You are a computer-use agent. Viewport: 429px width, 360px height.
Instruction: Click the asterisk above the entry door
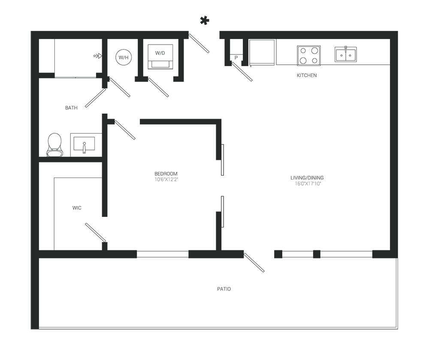(x=204, y=21)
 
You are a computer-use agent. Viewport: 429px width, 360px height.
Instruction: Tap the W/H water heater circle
(x=124, y=57)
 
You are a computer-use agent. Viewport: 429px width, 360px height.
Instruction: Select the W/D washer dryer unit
(x=160, y=57)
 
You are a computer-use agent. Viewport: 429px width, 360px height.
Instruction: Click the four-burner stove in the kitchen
(x=308, y=55)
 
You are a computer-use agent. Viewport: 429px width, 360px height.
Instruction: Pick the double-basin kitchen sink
(x=345, y=54)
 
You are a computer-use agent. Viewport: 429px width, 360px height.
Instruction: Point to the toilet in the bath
(x=55, y=145)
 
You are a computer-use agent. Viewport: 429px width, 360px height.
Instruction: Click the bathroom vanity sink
(x=84, y=144)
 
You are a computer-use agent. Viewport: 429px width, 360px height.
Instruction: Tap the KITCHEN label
(x=307, y=75)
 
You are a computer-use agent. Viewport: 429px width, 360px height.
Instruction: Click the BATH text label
(x=71, y=108)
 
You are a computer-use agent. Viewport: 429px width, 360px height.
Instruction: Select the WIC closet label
(x=77, y=208)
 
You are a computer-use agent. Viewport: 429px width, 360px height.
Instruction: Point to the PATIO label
(x=224, y=289)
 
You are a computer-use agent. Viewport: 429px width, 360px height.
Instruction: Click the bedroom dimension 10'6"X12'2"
(x=166, y=180)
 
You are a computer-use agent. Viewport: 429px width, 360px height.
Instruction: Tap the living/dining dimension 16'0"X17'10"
(x=308, y=184)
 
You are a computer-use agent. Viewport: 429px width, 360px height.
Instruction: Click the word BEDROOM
(x=166, y=174)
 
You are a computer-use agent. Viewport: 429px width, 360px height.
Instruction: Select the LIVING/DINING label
(x=307, y=178)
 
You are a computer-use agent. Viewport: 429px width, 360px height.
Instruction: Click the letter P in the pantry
(x=236, y=58)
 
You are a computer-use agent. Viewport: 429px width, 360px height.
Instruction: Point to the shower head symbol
(x=98, y=56)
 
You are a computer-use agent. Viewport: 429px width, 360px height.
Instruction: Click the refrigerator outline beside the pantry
(x=262, y=53)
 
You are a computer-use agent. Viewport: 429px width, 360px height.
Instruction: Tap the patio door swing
(x=254, y=262)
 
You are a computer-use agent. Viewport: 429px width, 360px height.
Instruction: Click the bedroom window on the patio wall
(x=163, y=254)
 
